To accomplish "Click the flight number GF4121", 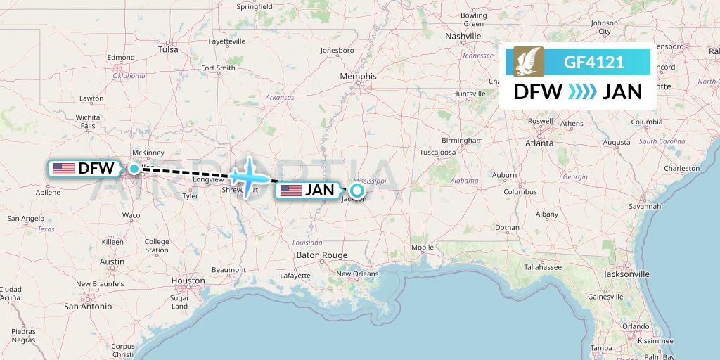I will [594, 62].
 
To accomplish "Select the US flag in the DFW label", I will [64, 169].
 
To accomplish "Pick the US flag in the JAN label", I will [292, 190].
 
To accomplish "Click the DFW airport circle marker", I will [134, 168].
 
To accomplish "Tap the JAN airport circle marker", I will [356, 190].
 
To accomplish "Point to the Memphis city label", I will [358, 77].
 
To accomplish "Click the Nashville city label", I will [463, 36].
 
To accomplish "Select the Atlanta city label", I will [539, 143].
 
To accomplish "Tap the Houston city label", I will [188, 281].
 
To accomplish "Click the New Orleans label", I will [357, 274].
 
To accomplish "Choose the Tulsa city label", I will [168, 50].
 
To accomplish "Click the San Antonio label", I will [88, 307].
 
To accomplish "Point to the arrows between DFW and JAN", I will [582, 91].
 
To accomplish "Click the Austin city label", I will [112, 262].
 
